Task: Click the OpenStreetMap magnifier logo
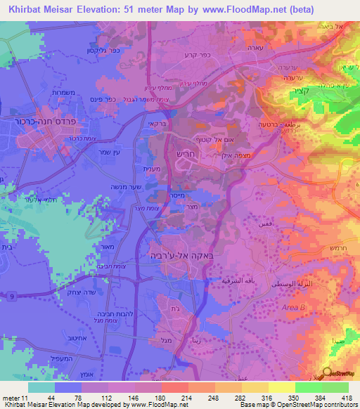326,372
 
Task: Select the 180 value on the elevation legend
149,397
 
